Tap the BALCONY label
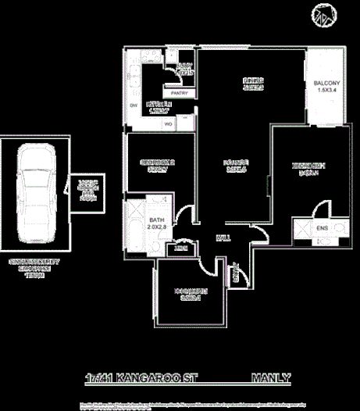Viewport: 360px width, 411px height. (326, 84)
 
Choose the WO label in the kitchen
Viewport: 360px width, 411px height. (169, 123)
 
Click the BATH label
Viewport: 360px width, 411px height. (158, 220)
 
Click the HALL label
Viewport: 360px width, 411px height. (223, 238)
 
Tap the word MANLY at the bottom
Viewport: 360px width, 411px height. (271, 378)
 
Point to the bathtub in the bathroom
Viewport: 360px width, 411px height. (132, 227)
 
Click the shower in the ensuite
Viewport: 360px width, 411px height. (301, 231)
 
